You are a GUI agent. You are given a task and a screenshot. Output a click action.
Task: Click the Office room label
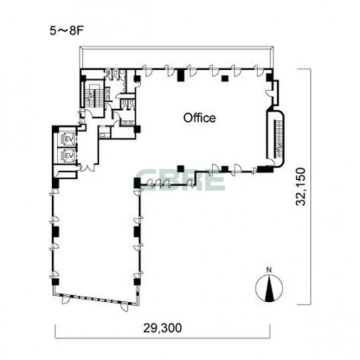click(199, 118)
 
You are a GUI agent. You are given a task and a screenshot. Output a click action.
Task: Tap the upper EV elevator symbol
click(67, 139)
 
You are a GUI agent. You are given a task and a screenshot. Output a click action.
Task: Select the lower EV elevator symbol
click(67, 156)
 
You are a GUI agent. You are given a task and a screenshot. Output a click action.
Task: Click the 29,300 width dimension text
click(163, 328)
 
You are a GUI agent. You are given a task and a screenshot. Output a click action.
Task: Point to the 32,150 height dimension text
click(300, 187)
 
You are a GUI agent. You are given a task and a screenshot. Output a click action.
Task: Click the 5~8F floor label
click(66, 31)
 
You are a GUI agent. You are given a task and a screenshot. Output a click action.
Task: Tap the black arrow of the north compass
click(269, 289)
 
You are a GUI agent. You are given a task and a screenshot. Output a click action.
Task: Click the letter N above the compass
click(269, 270)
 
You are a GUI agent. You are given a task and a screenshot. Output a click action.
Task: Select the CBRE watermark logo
click(180, 180)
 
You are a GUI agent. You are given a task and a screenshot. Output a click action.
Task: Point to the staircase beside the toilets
click(93, 94)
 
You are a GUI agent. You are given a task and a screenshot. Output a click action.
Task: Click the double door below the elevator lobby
click(87, 167)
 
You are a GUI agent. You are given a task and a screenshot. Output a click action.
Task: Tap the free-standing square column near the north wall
click(225, 79)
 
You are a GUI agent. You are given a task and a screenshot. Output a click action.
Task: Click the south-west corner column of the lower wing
click(55, 282)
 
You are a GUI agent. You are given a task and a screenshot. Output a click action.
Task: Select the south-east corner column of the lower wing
click(137, 282)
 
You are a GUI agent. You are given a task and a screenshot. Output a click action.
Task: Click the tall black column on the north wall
click(181, 75)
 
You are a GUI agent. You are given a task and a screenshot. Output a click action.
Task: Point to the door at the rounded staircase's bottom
click(271, 162)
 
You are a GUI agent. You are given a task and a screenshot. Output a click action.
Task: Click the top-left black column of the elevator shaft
click(56, 129)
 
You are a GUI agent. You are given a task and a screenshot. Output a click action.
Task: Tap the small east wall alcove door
click(269, 93)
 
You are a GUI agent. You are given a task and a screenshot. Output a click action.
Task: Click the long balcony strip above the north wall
click(176, 58)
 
